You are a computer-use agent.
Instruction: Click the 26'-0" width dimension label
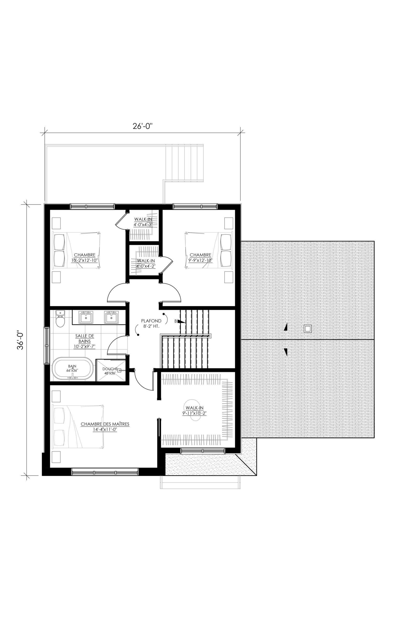point(143,126)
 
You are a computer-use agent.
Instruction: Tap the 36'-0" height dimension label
point(20,340)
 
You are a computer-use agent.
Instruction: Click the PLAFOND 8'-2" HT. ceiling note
point(151,324)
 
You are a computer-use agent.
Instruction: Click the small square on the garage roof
point(307,329)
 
